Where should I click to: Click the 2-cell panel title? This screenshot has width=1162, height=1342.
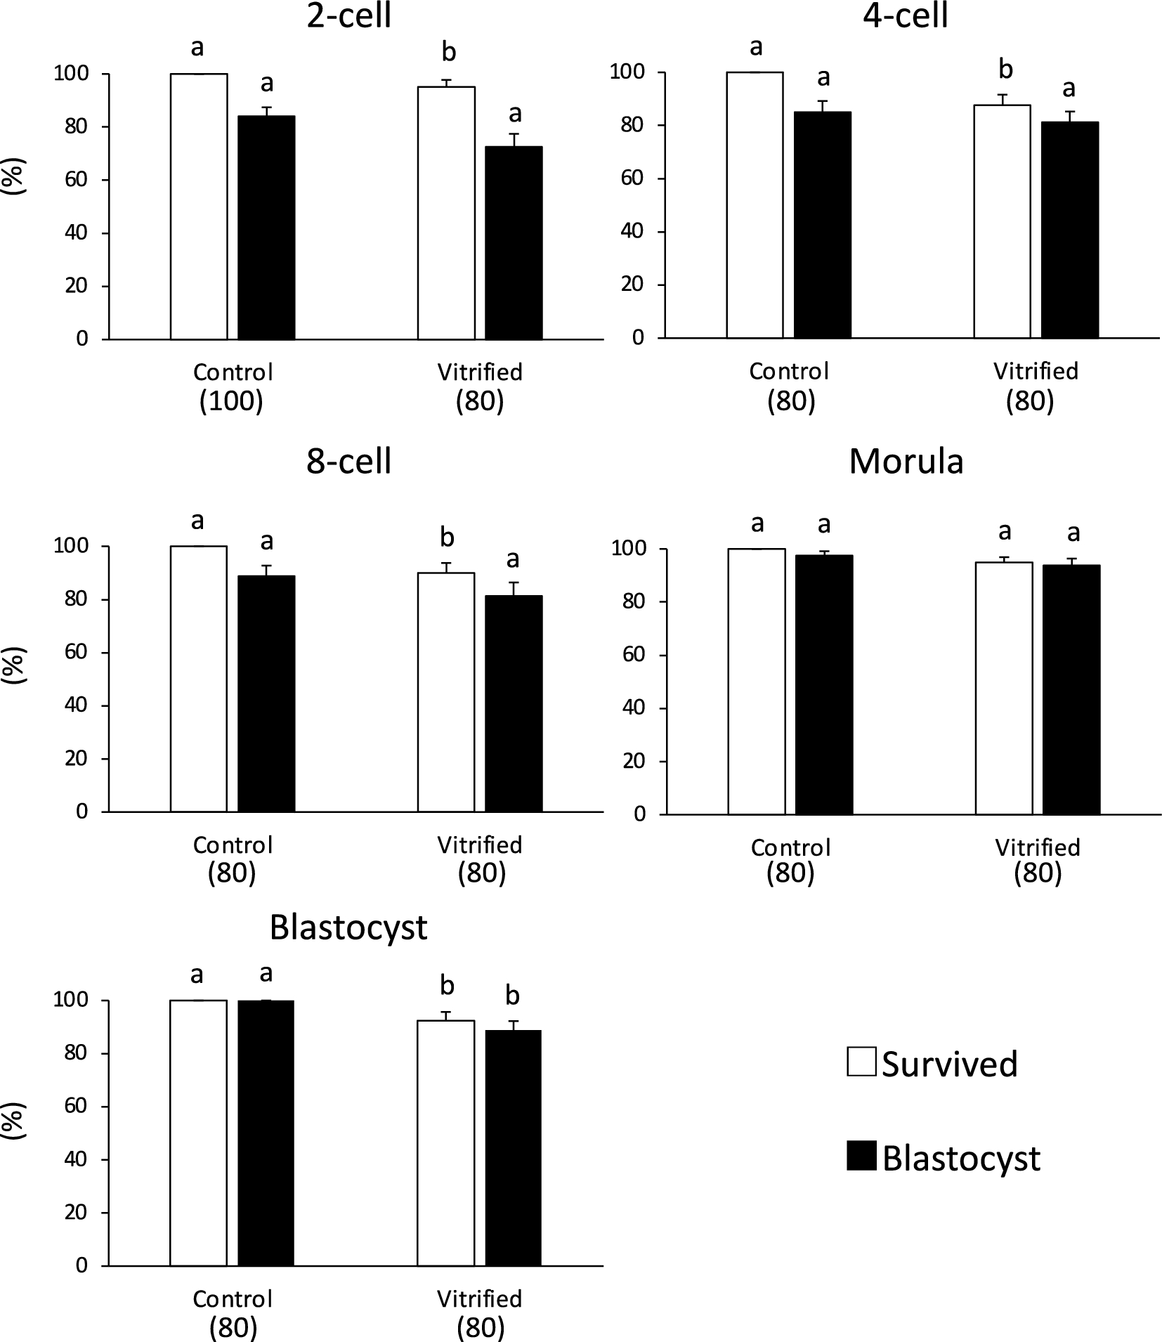348,15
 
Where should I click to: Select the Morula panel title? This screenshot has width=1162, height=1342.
906,462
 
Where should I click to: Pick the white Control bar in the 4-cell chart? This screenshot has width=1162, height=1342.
755,204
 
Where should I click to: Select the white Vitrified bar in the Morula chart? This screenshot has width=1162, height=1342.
1004,688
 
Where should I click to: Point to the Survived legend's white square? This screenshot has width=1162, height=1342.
861,1062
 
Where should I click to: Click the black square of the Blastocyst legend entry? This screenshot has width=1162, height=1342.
861,1156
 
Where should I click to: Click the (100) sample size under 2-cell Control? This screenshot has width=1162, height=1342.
232,402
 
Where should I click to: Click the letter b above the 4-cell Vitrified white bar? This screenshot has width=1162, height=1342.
1005,70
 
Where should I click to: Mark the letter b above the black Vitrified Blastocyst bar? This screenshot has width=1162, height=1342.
513,996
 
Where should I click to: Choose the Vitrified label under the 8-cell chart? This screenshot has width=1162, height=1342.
480,845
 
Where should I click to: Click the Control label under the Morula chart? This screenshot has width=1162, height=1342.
790,847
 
